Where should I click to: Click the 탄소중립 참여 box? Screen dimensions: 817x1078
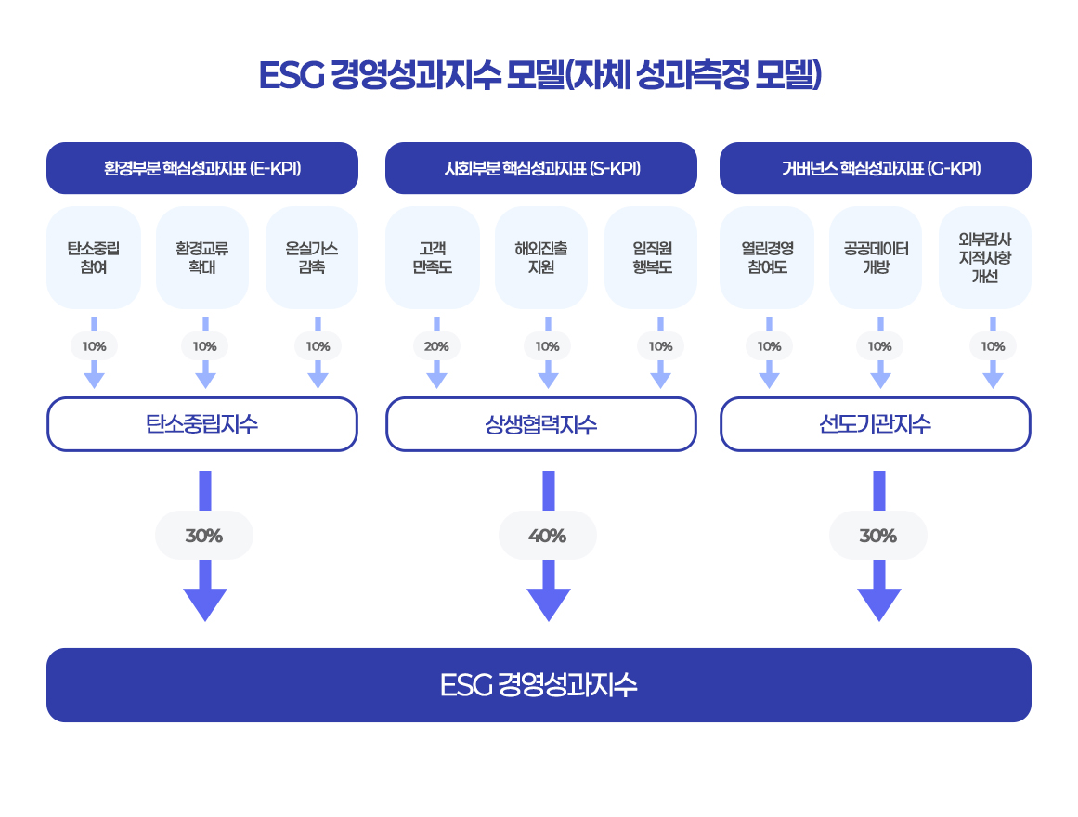click(x=94, y=258)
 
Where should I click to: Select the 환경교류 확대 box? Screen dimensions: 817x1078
click(x=202, y=258)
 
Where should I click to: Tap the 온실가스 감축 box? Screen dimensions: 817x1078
click(x=312, y=258)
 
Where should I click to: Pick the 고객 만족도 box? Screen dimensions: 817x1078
click(x=432, y=258)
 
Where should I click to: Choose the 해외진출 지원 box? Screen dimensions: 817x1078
click(x=541, y=258)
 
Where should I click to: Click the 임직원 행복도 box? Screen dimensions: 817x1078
click(x=651, y=258)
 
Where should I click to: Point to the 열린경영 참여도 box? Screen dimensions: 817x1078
click(x=767, y=258)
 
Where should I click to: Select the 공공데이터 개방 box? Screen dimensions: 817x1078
click(x=876, y=258)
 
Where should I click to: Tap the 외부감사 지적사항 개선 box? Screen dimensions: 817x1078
click(x=985, y=258)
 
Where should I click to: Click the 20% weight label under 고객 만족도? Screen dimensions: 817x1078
click(x=436, y=346)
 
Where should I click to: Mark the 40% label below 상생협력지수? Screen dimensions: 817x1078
click(x=547, y=536)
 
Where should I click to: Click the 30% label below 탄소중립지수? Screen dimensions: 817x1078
click(x=204, y=536)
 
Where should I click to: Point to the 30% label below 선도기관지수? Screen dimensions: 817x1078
click(x=877, y=536)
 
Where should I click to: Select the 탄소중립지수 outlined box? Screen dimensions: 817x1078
click(x=202, y=424)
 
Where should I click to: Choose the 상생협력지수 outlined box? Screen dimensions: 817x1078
click(x=541, y=424)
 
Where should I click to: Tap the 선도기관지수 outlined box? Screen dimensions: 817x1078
click(x=876, y=424)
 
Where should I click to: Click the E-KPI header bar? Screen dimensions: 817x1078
click(x=202, y=168)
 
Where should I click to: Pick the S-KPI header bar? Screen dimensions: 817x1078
click(x=541, y=168)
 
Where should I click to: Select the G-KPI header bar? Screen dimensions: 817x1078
click(x=876, y=168)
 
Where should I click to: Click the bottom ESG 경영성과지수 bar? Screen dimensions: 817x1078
click(x=539, y=685)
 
